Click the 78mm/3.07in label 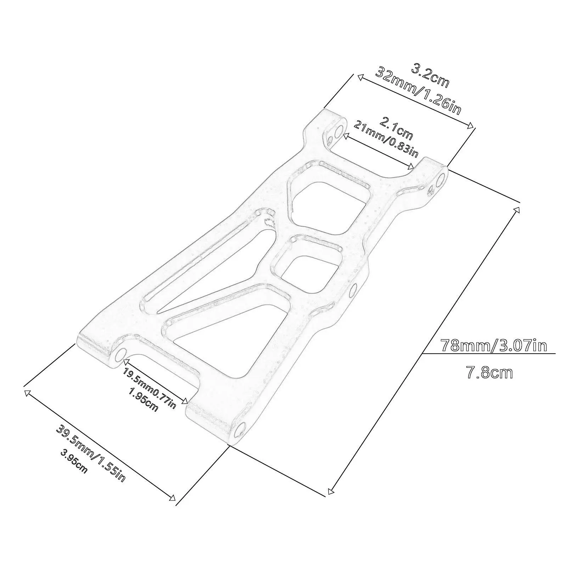point(493,346)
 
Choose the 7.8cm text point(489,373)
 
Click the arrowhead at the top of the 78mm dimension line point(517,210)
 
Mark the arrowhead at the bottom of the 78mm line point(331,491)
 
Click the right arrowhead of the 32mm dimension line point(471,125)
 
